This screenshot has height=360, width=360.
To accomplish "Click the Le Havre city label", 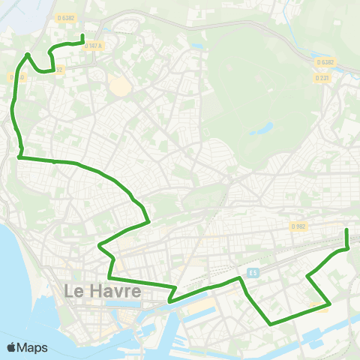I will (x=102, y=291).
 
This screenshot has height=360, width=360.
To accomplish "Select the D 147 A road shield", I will (x=93, y=46).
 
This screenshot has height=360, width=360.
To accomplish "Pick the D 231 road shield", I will (x=322, y=78).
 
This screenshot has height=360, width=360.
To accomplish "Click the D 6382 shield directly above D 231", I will (x=325, y=62).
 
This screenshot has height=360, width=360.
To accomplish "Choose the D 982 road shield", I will (x=299, y=226).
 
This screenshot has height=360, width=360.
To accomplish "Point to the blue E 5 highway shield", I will (x=253, y=272).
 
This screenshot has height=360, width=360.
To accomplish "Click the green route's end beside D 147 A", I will (x=82, y=36).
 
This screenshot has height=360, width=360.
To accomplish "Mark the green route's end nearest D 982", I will (x=346, y=229).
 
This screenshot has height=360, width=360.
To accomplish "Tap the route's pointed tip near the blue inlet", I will (x=28, y=54).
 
